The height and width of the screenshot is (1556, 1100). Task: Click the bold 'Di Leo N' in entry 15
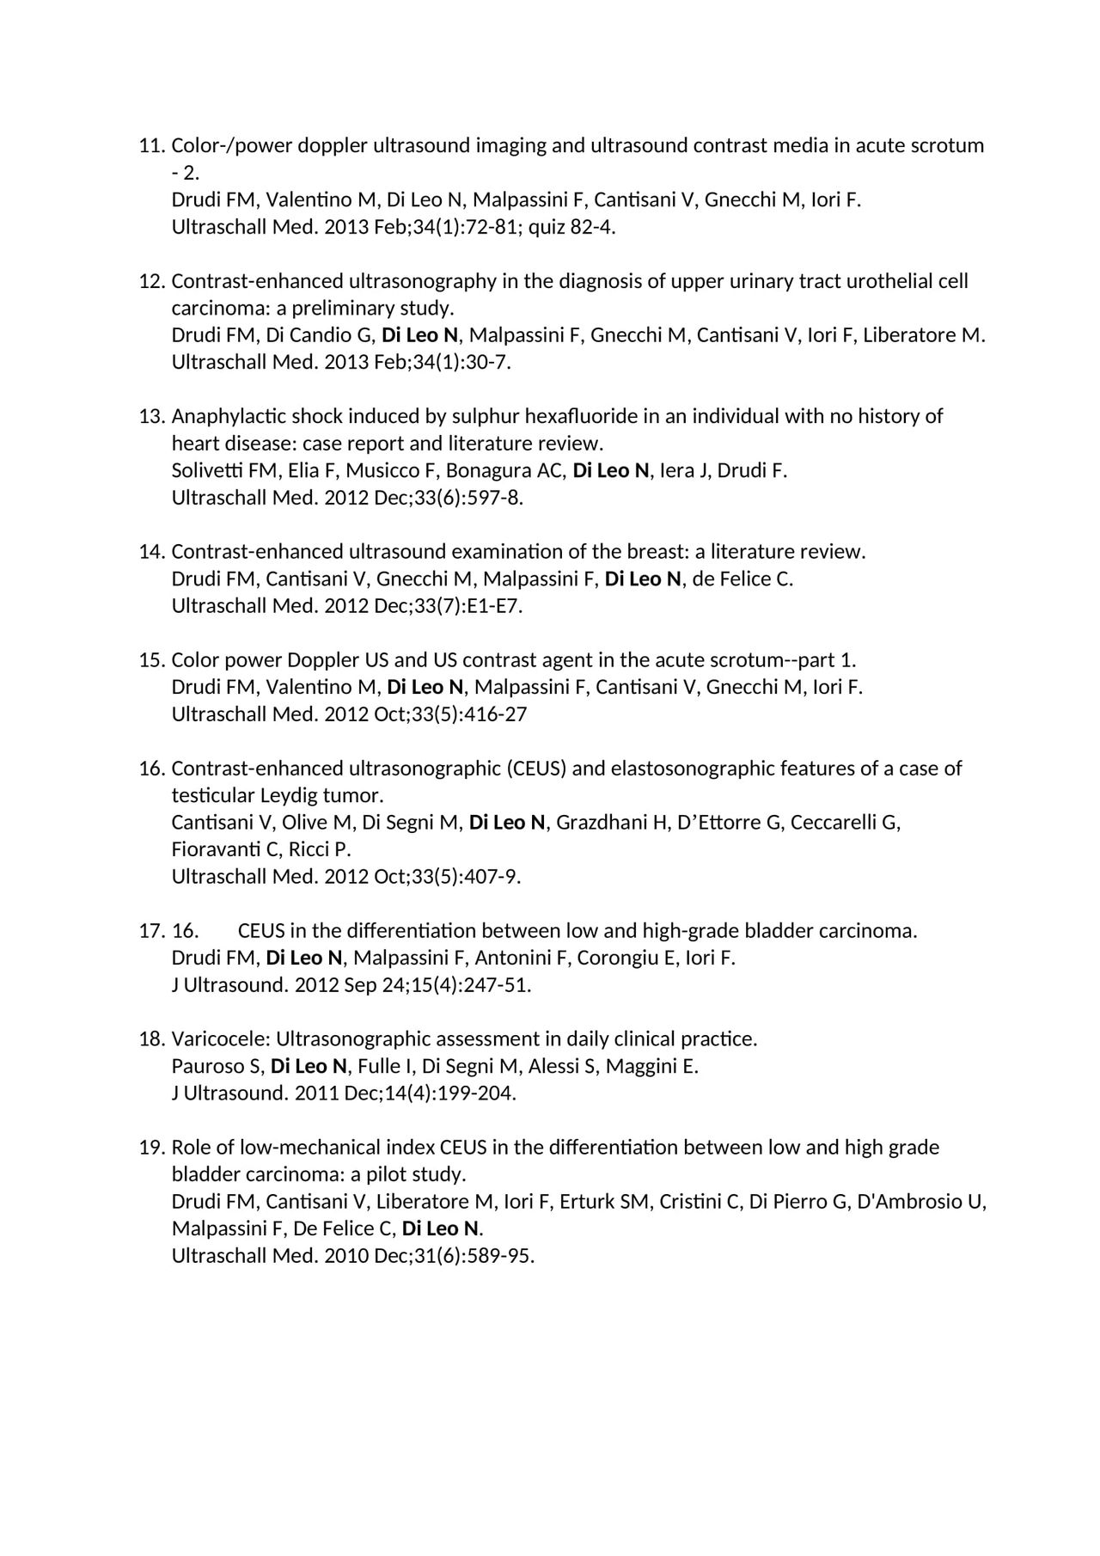[425, 687]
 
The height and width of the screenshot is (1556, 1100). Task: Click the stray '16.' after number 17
[186, 931]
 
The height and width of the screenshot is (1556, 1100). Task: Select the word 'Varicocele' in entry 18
[218, 1039]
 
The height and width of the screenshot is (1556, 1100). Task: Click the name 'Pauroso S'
[217, 1067]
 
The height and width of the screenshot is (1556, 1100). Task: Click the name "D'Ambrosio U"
[921, 1202]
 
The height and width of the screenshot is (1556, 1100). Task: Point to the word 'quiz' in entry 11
[547, 228]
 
